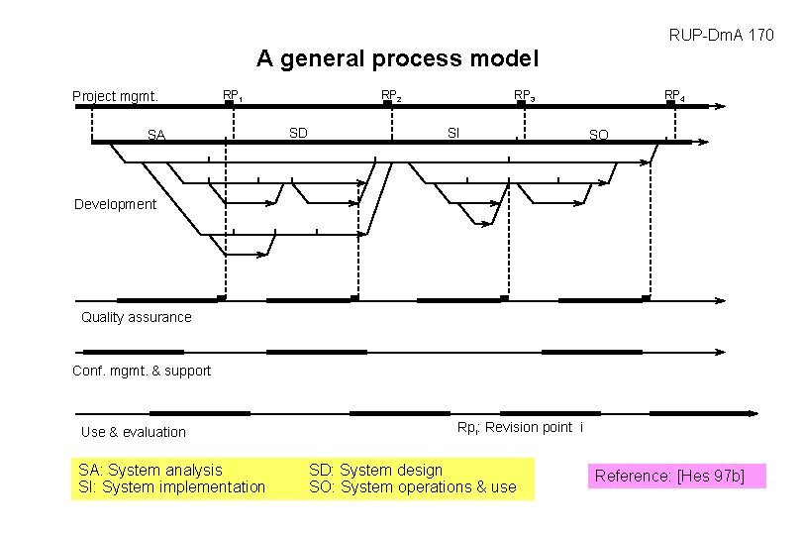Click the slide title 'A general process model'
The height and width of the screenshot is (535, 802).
(x=397, y=58)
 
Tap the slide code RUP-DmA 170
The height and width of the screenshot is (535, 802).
(x=721, y=36)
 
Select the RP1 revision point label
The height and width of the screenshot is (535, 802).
(x=234, y=96)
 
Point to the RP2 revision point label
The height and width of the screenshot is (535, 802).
(x=392, y=96)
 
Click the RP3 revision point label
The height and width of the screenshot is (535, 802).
(x=524, y=96)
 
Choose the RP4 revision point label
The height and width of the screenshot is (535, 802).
(x=674, y=96)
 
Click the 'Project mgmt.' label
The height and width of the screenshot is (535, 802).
(x=116, y=96)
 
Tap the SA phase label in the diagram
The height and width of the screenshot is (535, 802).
(x=156, y=135)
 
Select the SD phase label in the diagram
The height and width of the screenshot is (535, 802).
(x=298, y=132)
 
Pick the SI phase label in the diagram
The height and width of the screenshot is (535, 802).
(x=453, y=132)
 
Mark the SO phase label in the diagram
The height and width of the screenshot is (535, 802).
(x=599, y=135)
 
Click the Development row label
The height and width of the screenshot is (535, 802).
(x=115, y=204)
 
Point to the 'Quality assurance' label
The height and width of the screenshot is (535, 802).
(x=137, y=317)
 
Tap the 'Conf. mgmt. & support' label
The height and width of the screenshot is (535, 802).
(x=142, y=371)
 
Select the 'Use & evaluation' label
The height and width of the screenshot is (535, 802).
(x=134, y=432)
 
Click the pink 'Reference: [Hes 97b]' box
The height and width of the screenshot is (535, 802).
(x=669, y=477)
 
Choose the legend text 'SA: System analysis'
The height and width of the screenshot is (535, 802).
(x=150, y=470)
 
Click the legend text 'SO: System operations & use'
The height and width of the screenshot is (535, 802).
(x=413, y=486)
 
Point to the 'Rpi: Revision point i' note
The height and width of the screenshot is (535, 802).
(x=520, y=427)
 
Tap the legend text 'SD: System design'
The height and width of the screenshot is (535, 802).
(x=376, y=470)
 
